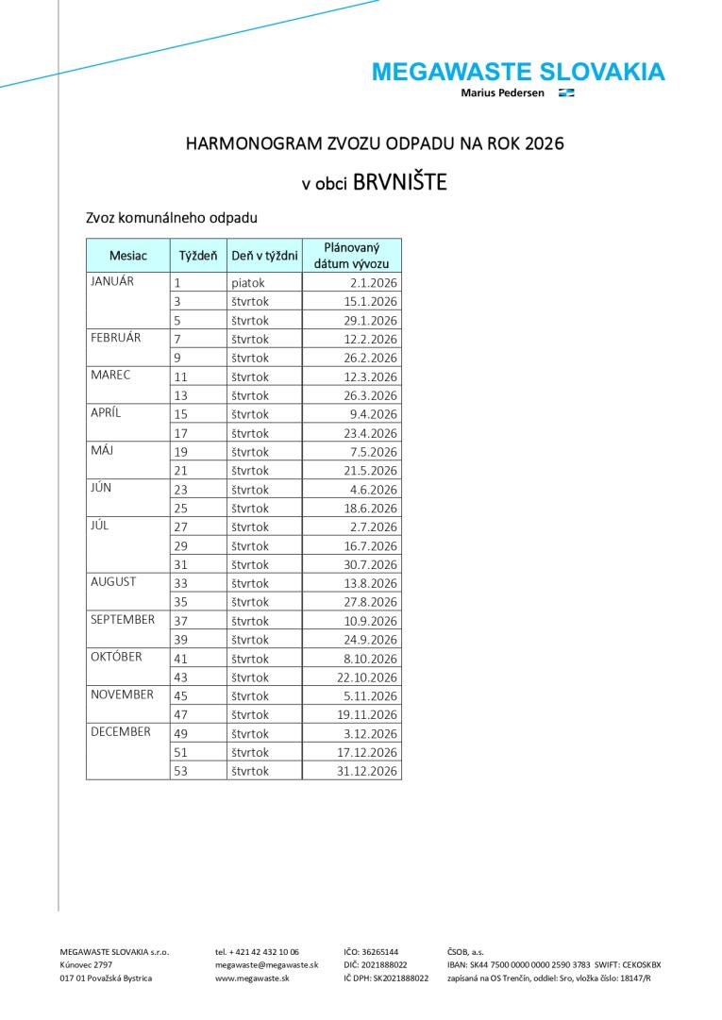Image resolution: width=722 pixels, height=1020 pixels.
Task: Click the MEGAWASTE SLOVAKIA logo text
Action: (518, 72)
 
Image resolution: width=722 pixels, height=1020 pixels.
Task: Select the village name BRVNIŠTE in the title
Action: (399, 182)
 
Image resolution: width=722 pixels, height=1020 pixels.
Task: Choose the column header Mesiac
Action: (128, 256)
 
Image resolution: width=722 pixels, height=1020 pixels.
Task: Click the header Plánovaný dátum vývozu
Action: (351, 256)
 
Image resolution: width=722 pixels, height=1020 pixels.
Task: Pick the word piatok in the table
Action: (248, 282)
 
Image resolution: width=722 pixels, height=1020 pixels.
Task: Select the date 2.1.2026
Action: (375, 282)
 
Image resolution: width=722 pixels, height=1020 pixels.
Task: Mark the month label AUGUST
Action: (113, 582)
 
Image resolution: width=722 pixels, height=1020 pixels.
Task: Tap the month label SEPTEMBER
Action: (123, 620)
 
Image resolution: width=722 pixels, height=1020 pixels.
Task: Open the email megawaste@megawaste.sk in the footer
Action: (266, 965)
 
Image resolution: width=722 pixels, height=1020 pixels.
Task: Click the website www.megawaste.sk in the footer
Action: (252, 978)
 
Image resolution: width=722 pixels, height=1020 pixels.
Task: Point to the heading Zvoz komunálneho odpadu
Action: (171, 218)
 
